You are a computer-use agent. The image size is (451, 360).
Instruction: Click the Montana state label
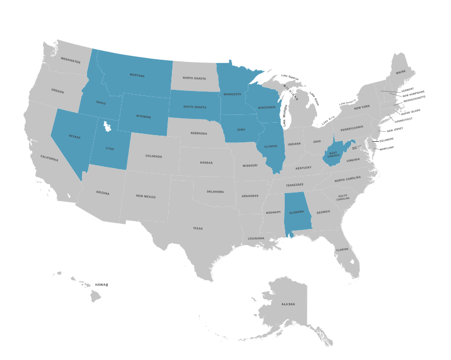tap(137, 75)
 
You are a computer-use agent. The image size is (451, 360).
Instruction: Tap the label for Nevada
tap(75, 137)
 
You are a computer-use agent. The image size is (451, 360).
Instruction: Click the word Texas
tap(198, 228)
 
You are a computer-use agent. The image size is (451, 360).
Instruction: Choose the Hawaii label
tap(101, 285)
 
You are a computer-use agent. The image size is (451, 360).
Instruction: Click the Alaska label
tap(288, 304)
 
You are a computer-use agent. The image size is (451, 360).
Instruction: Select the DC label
tap(354, 148)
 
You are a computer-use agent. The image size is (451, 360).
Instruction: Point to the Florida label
tap(342, 249)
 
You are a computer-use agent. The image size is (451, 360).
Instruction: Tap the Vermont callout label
tap(407, 89)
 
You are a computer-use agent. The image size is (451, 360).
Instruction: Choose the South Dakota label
tap(195, 106)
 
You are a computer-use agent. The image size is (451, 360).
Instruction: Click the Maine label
tap(401, 73)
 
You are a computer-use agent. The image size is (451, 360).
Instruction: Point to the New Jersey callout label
tap(387, 130)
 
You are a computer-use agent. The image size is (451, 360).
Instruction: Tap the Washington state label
tap(71, 60)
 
